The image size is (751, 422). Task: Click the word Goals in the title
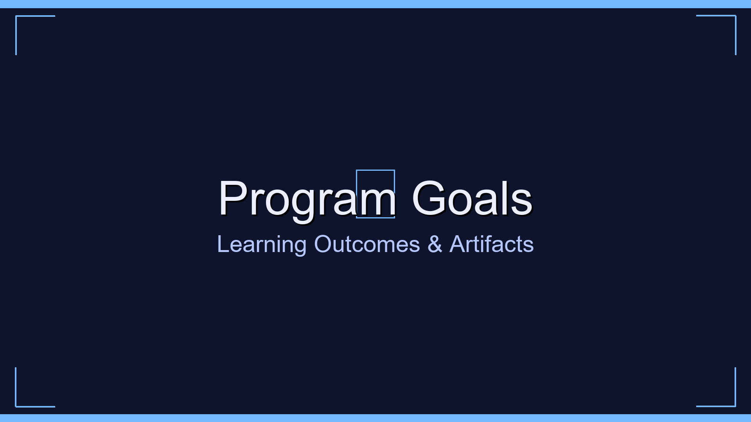coord(472,198)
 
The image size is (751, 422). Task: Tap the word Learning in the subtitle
coord(262,245)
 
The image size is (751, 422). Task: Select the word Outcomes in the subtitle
coord(367,245)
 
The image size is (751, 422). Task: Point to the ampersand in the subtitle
coord(435,245)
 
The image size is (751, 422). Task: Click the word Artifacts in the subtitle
coord(491,245)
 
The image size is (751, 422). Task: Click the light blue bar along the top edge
coord(375,4)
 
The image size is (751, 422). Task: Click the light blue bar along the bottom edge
coord(375,418)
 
